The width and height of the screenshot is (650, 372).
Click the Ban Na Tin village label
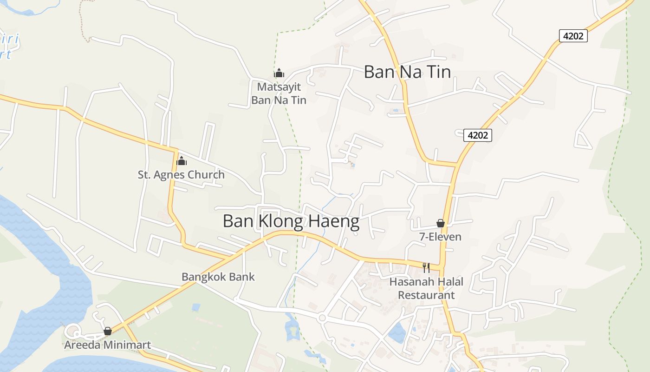tap(407, 72)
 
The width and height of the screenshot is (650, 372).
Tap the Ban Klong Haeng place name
tap(291, 221)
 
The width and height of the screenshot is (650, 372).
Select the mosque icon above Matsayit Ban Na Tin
tap(279, 73)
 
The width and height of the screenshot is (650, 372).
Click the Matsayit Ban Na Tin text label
tap(279, 93)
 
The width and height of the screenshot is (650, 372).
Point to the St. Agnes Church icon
tap(182, 161)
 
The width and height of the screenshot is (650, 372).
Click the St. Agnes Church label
tap(181, 175)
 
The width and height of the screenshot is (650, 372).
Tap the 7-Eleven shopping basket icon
tap(441, 224)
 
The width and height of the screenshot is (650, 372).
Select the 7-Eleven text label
tap(441, 237)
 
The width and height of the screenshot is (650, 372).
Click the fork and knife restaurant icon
tap(426, 267)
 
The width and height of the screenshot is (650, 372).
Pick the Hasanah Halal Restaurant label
tap(426, 288)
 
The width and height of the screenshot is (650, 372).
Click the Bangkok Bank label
tap(218, 277)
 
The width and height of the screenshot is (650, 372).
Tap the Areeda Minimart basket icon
tap(108, 331)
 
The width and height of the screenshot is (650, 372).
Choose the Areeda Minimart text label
tap(107, 345)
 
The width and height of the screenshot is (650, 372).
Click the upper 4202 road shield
tap(573, 36)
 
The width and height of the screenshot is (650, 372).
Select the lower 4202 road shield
tap(478, 135)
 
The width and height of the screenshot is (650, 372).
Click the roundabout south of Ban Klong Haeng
tap(322, 318)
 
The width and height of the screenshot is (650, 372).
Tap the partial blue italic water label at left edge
tap(9, 46)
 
